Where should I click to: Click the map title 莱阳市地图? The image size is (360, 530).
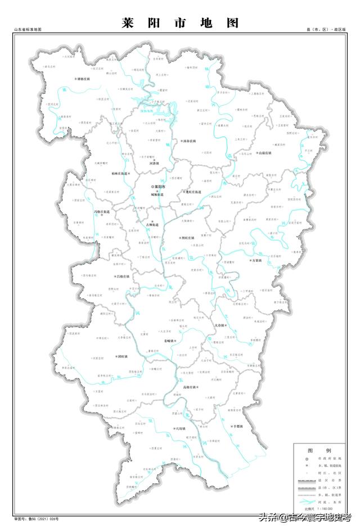(x=180, y=23)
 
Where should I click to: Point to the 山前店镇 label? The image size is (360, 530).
(x=264, y=152)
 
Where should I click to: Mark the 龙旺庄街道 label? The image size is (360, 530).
(x=192, y=192)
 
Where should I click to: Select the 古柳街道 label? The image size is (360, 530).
(x=152, y=225)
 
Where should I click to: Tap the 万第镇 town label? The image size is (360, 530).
(x=257, y=260)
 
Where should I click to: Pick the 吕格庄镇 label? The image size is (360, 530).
(x=122, y=277)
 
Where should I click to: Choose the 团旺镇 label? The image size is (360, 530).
(x=121, y=356)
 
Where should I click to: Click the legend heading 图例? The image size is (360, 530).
(x=318, y=451)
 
